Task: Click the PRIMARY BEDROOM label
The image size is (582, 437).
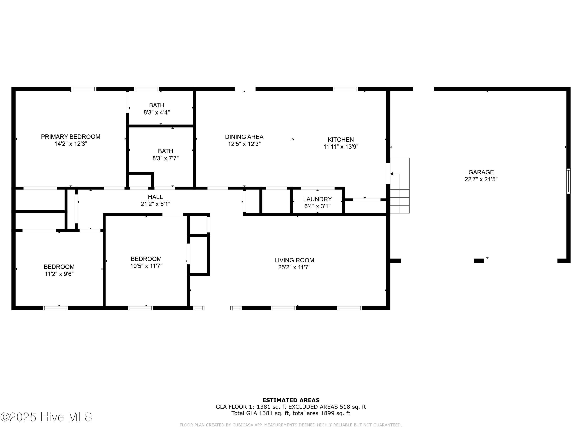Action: coord(70,137)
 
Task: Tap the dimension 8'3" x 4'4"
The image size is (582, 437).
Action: coord(157,112)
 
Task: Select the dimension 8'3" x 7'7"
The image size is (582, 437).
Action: coord(165,158)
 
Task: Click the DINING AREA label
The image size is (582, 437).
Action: coord(244,137)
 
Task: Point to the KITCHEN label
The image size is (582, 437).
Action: coord(341,140)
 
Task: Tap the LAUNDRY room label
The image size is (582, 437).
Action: coord(317,199)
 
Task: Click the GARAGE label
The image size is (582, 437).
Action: coord(481,172)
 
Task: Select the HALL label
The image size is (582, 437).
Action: coord(155,197)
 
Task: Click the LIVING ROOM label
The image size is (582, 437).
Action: coord(294,260)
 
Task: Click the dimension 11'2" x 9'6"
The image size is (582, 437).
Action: coord(59,274)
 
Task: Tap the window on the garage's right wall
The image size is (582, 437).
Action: coord(568,181)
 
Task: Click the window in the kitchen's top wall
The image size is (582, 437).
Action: coord(345,89)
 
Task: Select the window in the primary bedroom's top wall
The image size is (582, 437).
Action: coord(84,89)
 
